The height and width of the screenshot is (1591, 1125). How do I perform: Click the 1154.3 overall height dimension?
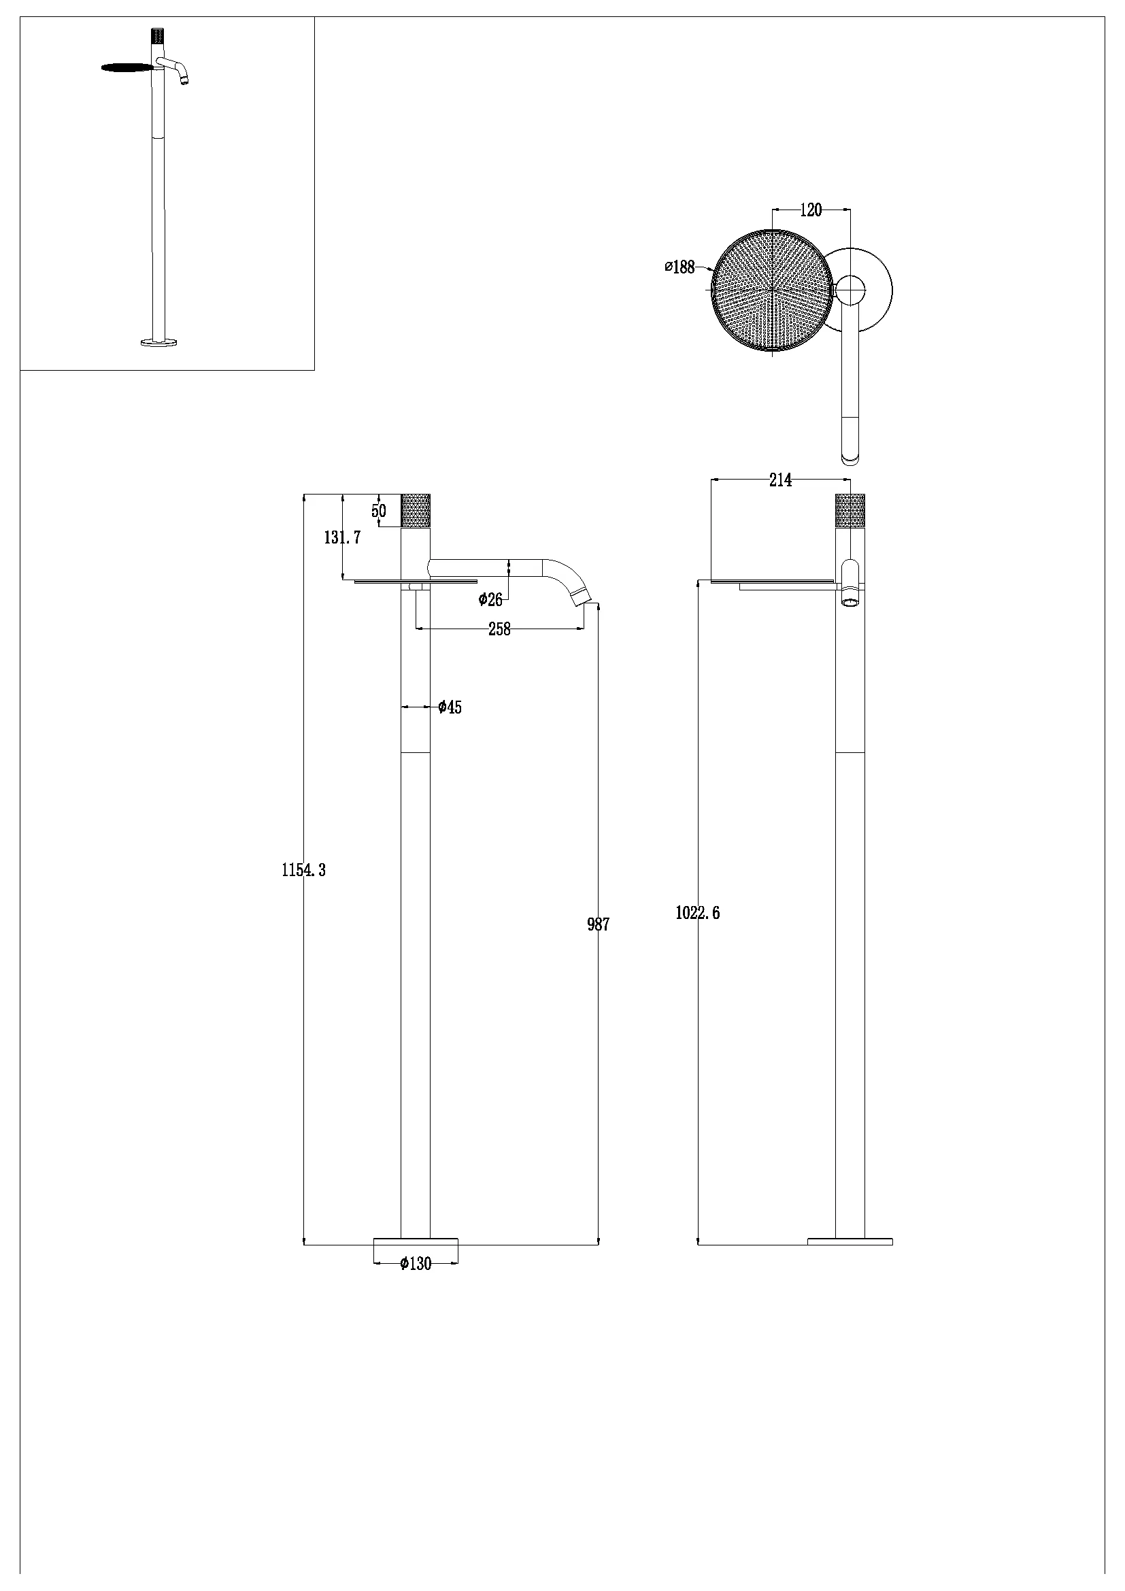click(x=303, y=870)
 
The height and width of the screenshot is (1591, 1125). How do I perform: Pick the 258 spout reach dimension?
click(x=499, y=629)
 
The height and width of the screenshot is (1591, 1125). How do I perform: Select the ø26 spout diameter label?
click(x=490, y=599)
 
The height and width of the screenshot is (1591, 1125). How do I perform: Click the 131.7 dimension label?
click(x=342, y=537)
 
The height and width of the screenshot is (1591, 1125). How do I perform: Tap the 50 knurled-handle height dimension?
click(x=379, y=512)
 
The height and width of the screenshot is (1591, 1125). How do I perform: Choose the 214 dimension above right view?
click(x=780, y=480)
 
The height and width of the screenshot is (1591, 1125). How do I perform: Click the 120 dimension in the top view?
click(x=811, y=210)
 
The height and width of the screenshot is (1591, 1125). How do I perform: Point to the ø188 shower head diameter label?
click(x=679, y=267)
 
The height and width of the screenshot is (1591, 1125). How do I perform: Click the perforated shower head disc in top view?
click(x=772, y=291)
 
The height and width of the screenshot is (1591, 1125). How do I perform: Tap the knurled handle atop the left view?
click(x=416, y=511)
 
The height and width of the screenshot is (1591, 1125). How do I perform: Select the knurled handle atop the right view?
click(x=850, y=511)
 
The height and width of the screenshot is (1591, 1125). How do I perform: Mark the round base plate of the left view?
click(x=416, y=1241)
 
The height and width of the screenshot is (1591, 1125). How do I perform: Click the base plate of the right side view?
click(x=850, y=1241)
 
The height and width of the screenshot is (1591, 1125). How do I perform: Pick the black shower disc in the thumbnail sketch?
click(x=128, y=67)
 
